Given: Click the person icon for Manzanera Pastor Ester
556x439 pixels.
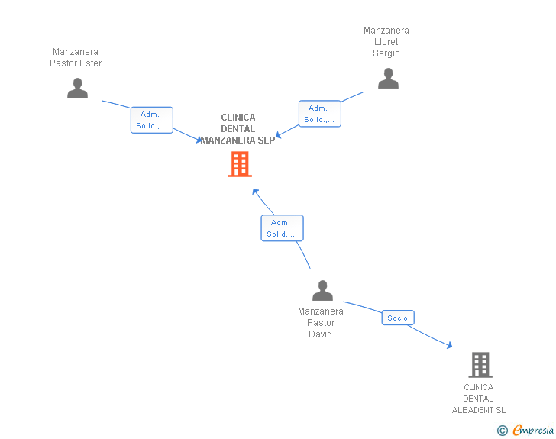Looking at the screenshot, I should pos(77,89).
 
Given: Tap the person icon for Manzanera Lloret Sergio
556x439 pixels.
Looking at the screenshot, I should pos(388,79).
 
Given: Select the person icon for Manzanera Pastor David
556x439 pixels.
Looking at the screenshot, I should pos(322,291).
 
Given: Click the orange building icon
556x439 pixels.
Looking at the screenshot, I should pos(240,164).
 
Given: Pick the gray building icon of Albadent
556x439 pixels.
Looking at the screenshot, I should pos(480,365).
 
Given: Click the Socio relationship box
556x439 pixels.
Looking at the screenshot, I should pos(397,318).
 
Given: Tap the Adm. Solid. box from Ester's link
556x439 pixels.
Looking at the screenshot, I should pos(151,120).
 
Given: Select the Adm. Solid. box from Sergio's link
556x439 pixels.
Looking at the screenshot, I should pos(319,114).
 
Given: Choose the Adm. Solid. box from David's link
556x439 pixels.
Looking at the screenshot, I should pos(282,228).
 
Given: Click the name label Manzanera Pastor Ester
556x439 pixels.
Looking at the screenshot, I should pos(76,58).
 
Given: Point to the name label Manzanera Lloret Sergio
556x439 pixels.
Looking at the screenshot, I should pos(386,42).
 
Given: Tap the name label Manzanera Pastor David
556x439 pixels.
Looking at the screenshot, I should pos(321,323).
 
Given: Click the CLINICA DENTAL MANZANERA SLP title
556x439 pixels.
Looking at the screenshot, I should pos(238,129).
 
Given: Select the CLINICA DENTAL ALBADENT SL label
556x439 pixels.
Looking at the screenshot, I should pos(479,399).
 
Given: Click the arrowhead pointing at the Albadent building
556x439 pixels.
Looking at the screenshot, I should pos(449,347).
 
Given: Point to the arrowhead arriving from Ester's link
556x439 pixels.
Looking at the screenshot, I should pos(200,140).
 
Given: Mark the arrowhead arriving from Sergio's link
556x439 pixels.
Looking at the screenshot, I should pos(279,135).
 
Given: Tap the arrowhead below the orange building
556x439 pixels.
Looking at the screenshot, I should pos(255,191).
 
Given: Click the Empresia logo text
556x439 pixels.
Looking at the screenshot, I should pos(533,431).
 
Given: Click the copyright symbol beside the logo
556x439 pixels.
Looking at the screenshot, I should pos(502,431).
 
